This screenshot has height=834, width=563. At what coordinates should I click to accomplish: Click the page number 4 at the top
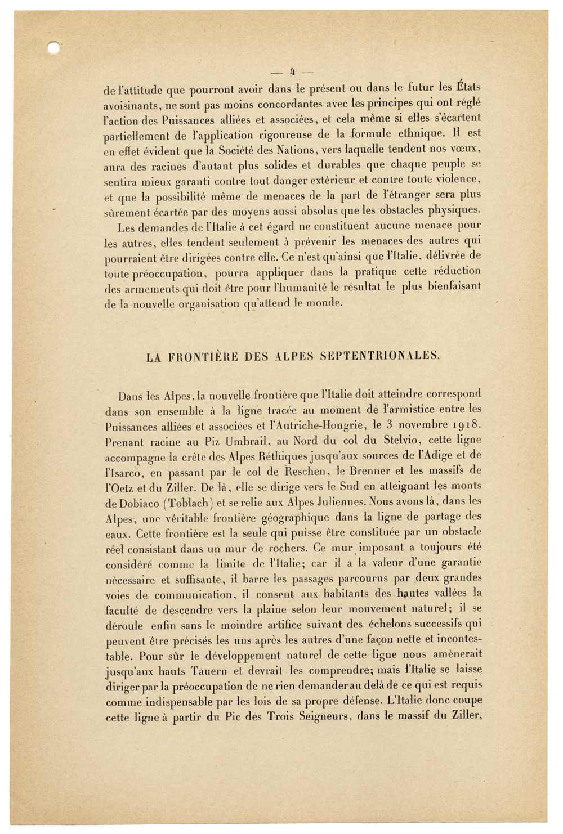pyautogui.click(x=292, y=71)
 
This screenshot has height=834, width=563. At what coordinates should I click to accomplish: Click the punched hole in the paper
pyautogui.click(x=54, y=48)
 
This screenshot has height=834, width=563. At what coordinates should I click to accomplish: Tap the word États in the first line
pyautogui.click(x=467, y=87)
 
